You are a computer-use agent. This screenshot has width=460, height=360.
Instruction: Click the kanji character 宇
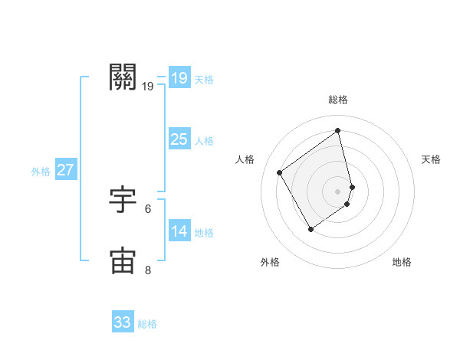(123, 199)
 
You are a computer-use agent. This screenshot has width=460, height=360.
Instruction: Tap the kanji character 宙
(123, 260)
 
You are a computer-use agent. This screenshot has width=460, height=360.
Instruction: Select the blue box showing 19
(179, 78)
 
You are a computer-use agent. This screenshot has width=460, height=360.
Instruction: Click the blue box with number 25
(179, 139)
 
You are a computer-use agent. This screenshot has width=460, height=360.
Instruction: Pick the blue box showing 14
(179, 231)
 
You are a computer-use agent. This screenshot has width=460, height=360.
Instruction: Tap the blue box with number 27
(65, 170)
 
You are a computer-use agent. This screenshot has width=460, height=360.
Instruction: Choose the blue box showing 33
(122, 322)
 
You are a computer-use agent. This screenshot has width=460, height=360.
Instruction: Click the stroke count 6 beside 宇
(148, 208)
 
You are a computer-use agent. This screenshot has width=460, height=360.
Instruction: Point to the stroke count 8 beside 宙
(148, 270)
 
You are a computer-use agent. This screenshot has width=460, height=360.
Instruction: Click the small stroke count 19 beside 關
(148, 86)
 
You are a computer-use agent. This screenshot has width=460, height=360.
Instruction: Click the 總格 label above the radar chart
(338, 100)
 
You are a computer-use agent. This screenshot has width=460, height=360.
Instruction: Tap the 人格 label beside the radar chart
(245, 159)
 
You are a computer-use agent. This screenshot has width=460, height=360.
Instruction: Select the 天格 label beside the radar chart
(431, 159)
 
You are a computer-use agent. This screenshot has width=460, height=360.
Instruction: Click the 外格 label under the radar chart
(270, 263)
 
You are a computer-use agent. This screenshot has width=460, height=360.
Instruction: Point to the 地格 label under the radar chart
(402, 263)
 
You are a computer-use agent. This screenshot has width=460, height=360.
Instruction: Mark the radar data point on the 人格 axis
(280, 172)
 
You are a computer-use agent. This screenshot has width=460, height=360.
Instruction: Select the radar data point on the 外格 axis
(310, 228)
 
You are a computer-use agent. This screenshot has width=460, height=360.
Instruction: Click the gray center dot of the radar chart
(338, 191)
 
